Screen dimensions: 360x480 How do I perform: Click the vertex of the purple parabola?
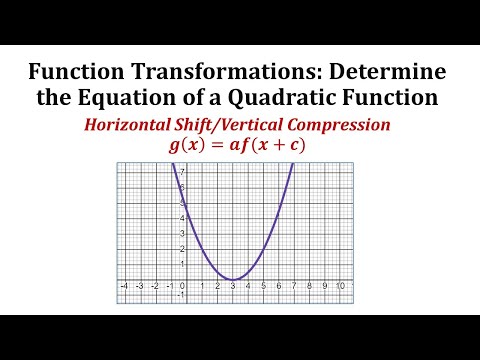pyautogui.click(x=232, y=279)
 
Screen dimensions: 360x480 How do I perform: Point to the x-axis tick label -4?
pyautogui.click(x=123, y=286)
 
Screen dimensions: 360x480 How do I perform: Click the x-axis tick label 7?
pyautogui.click(x=294, y=286)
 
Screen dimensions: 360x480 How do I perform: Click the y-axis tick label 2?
pyautogui.click(x=183, y=248)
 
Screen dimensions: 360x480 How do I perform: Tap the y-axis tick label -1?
pyautogui.click(x=182, y=294)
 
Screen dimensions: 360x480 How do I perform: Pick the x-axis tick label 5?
pyautogui.click(x=263, y=286)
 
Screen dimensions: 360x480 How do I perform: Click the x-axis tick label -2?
pyautogui.click(x=154, y=286)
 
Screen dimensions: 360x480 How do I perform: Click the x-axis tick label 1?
pyautogui.click(x=201, y=286)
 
